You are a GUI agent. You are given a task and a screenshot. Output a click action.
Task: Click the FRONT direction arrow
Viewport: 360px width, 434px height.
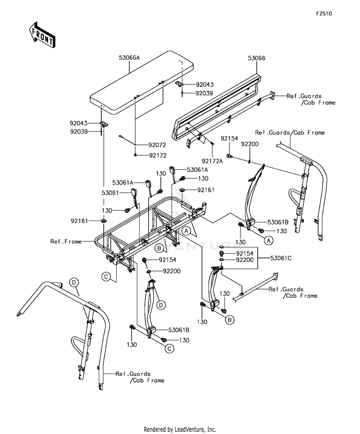[42, 35]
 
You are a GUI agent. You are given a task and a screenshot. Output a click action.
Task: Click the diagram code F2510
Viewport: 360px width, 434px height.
[324, 13]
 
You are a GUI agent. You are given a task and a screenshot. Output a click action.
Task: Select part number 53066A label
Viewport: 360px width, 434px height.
[130, 58]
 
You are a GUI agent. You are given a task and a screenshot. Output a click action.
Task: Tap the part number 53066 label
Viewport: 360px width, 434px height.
[256, 58]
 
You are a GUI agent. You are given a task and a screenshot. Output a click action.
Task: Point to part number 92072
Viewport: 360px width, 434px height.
[157, 145]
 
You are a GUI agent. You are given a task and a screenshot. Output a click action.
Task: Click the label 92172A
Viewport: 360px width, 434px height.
[212, 161]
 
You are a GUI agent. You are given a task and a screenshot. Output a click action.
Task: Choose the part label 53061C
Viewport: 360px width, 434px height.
[281, 258]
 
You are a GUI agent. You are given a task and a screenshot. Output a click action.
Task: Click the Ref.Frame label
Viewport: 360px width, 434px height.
[66, 242]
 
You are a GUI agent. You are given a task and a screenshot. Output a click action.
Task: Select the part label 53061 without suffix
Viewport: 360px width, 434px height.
[110, 193]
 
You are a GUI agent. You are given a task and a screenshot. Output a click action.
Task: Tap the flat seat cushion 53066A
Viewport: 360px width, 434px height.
[142, 83]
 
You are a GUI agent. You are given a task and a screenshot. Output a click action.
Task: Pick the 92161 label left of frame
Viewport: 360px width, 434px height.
[79, 221]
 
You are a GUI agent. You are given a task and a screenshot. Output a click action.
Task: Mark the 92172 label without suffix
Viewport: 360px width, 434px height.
[158, 155]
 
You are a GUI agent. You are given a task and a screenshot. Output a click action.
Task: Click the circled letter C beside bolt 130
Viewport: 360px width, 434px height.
[169, 349]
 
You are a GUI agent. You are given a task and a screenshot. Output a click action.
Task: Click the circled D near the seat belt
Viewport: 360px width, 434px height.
[161, 305]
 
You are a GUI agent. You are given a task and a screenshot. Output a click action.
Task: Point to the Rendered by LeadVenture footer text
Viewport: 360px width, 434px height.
[180, 429]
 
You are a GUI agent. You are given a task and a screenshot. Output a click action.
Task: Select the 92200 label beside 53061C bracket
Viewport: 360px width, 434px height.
[245, 260]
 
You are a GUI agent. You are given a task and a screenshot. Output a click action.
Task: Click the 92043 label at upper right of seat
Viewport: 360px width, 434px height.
[205, 85]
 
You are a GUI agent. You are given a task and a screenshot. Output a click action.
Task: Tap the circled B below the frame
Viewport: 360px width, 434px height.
[159, 248]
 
